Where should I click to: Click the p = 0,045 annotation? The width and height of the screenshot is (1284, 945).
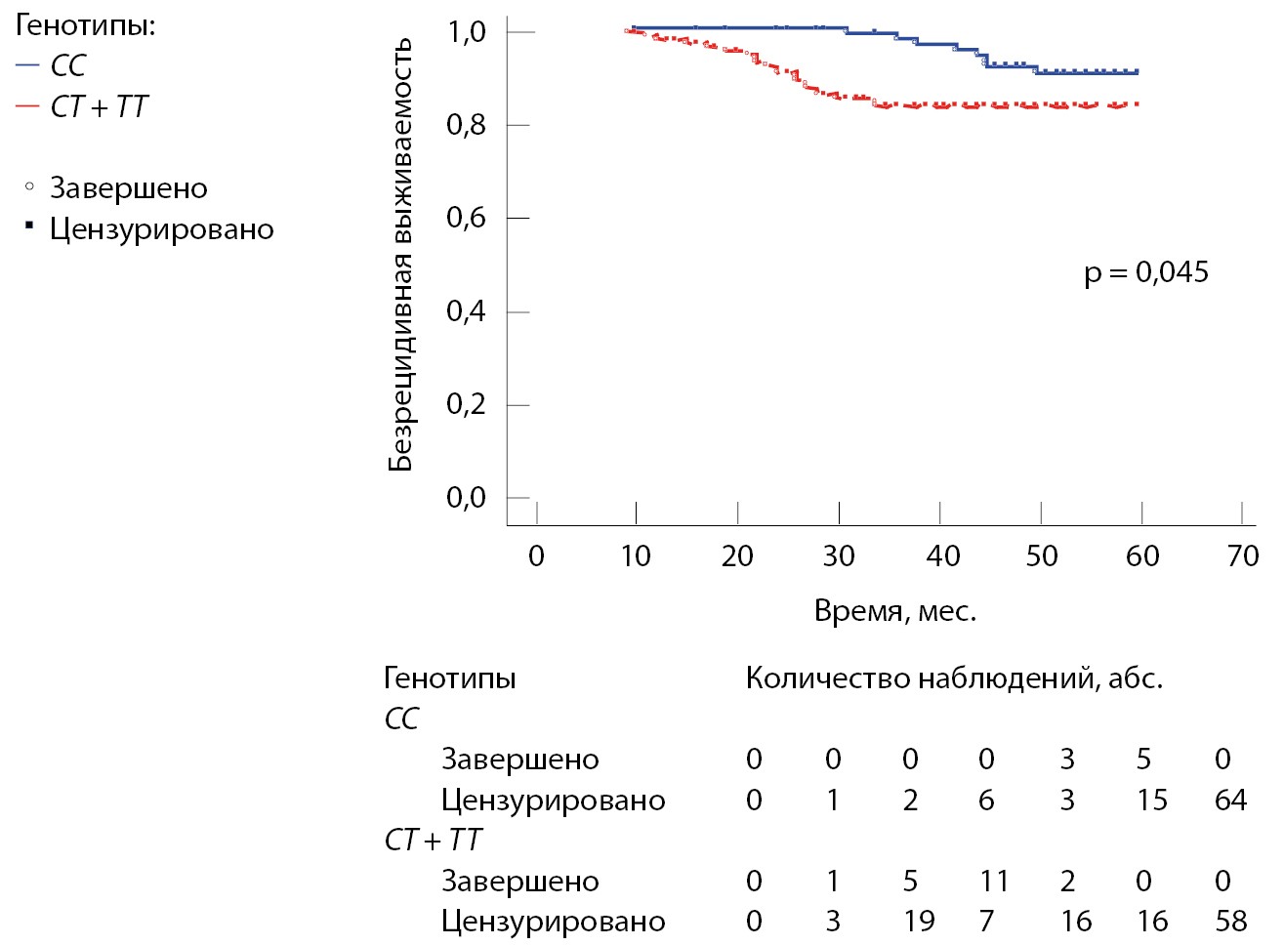pos(1146,272)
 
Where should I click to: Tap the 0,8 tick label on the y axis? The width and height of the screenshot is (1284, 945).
pos(466,125)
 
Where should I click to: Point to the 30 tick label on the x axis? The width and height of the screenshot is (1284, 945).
pos(839,556)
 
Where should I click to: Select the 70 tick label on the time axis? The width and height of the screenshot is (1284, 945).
pos(1243,556)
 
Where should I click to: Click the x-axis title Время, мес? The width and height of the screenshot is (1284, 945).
pos(895,612)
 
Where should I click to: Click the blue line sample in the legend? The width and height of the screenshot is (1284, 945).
pos(27,66)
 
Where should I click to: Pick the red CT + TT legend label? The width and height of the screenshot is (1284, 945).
pos(99,106)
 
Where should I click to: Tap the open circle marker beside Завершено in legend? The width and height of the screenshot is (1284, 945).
pos(29,185)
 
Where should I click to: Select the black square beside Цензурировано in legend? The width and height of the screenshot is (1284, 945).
pos(29,226)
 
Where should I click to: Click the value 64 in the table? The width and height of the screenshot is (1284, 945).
pos(1230,801)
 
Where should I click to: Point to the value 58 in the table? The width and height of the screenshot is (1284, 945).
pos(1231,922)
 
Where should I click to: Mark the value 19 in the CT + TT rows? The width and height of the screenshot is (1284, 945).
pos(918,922)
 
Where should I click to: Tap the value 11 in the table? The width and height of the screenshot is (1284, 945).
pos(994,882)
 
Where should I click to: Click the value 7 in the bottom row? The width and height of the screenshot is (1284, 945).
pos(986,922)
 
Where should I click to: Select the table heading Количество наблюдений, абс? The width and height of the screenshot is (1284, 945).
pos(954,678)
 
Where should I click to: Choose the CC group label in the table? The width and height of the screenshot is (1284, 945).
pos(401,719)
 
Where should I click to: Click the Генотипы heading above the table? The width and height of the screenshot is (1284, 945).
pos(449,678)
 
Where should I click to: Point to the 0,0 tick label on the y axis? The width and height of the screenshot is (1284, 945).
pos(466,498)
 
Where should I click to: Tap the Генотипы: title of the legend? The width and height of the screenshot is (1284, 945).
pos(85,25)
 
